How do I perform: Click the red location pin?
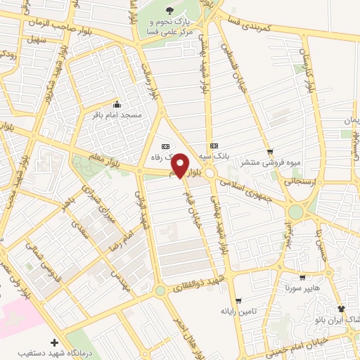pos(180,165)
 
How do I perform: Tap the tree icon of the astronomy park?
pos(169,9)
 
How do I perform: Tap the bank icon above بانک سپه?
pos(214,136)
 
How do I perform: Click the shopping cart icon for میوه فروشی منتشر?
pos(270,152)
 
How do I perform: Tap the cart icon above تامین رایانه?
pos(238,300)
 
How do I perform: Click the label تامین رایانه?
pos(238,310)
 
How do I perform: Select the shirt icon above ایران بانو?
pos(342,308)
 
